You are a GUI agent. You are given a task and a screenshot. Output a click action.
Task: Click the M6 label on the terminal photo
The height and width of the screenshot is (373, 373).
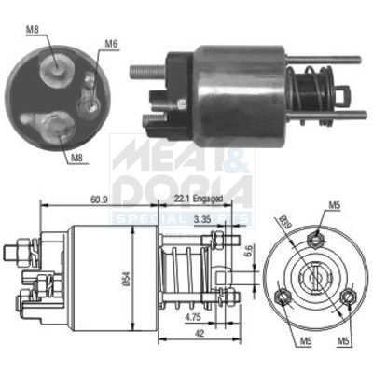[x=111, y=43]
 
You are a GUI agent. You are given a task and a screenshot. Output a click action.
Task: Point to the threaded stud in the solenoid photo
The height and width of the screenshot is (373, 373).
[x=147, y=69]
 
